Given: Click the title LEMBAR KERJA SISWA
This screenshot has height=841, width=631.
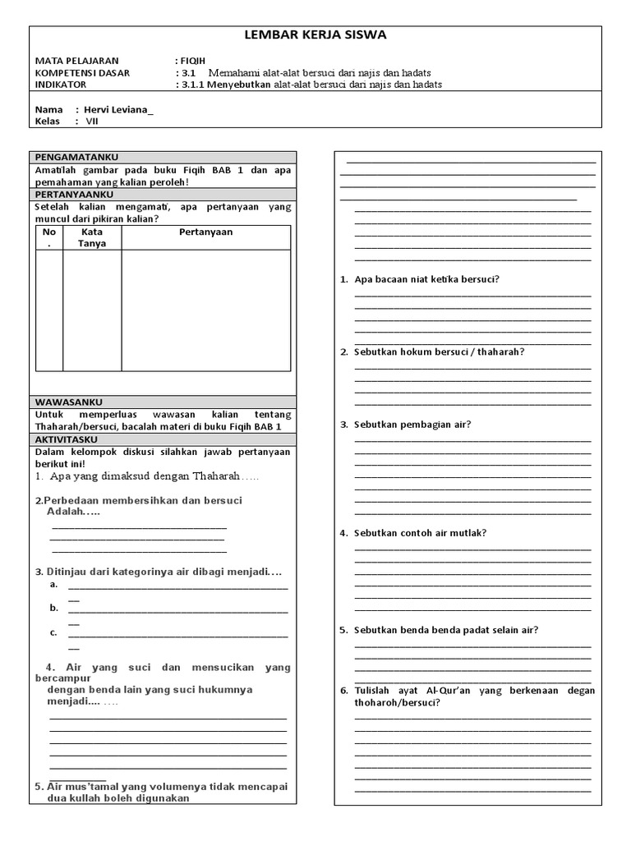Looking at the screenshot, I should click(315, 35).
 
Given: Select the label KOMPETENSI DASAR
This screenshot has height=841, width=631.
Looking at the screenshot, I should click(82, 73).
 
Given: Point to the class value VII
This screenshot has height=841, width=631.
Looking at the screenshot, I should click(92, 122).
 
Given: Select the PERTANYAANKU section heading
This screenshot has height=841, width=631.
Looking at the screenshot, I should click(74, 194).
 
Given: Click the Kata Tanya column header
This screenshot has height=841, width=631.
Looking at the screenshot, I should click(92, 237).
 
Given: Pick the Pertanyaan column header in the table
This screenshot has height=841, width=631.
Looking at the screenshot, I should click(205, 232).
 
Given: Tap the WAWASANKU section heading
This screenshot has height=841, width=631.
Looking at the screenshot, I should click(68, 402).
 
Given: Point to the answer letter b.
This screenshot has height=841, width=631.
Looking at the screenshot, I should click(53, 608).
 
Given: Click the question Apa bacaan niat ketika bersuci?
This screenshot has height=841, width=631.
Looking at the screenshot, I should click(426, 279).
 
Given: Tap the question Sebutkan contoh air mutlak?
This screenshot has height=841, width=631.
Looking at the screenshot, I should click(420, 533).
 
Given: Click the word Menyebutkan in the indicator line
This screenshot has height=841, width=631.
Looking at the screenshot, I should click(242, 85).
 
